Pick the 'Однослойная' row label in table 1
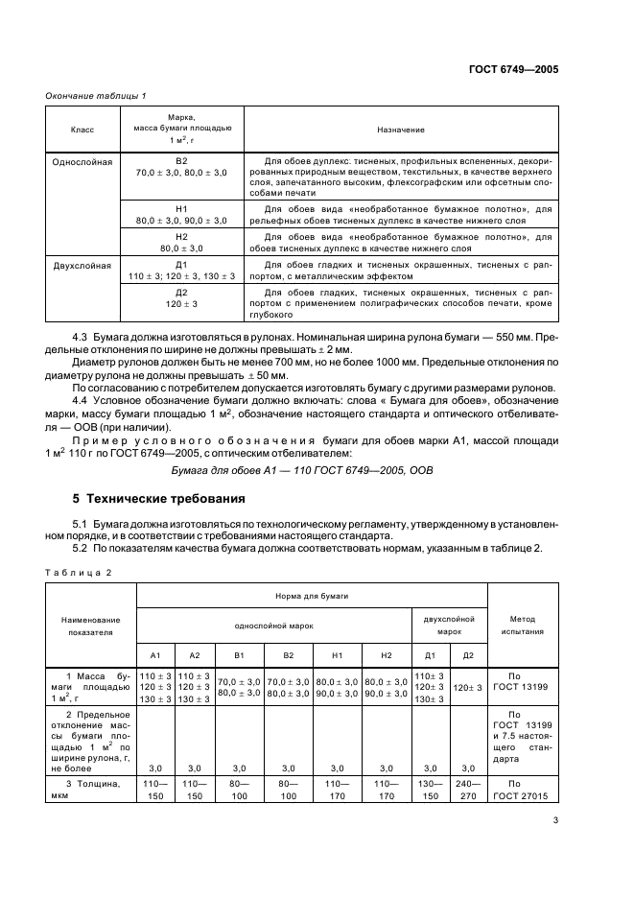(82, 162)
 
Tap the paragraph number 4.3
(82, 338)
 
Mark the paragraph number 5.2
(82, 547)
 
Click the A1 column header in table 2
(155, 655)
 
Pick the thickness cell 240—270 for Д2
(467, 789)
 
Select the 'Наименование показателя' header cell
(90, 626)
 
